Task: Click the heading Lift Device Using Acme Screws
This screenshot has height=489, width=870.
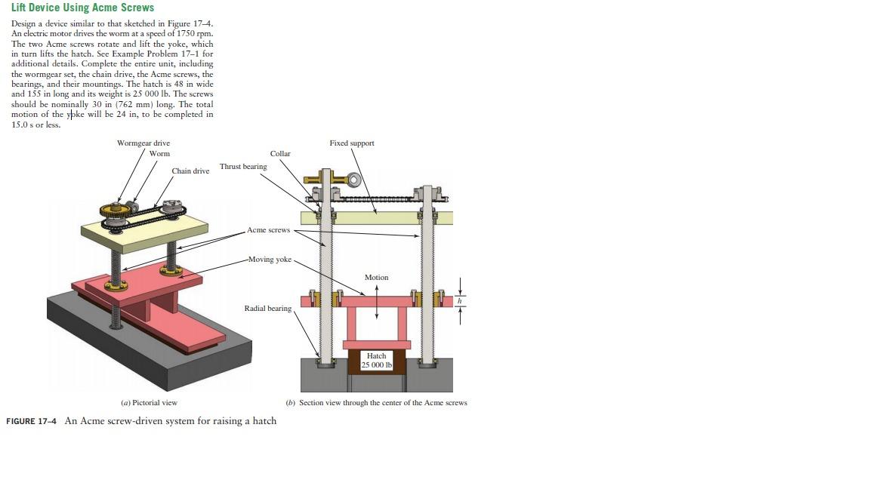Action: (82, 8)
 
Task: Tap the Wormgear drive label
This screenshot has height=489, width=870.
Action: (143, 143)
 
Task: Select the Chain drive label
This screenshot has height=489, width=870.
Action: (190, 171)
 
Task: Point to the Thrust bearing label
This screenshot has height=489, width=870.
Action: (243, 167)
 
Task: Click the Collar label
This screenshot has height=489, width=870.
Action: (280, 154)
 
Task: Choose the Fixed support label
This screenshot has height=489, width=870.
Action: (351, 143)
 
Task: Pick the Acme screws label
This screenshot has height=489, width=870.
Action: (268, 230)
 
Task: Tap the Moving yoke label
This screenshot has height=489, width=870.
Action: (270, 260)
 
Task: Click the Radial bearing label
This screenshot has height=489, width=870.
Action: (267, 309)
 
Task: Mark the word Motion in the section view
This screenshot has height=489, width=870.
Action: (376, 278)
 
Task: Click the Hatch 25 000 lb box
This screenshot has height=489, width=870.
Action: (376, 361)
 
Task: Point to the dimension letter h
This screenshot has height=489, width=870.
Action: (459, 301)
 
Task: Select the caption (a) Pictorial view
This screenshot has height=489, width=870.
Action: (149, 403)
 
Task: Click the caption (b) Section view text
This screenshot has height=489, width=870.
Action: (376, 403)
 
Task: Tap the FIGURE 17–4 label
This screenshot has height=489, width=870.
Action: (31, 421)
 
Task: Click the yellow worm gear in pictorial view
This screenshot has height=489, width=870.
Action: (114, 212)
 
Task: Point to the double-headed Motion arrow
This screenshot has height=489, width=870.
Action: (376, 302)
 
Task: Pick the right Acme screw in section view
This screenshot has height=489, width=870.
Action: (427, 275)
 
